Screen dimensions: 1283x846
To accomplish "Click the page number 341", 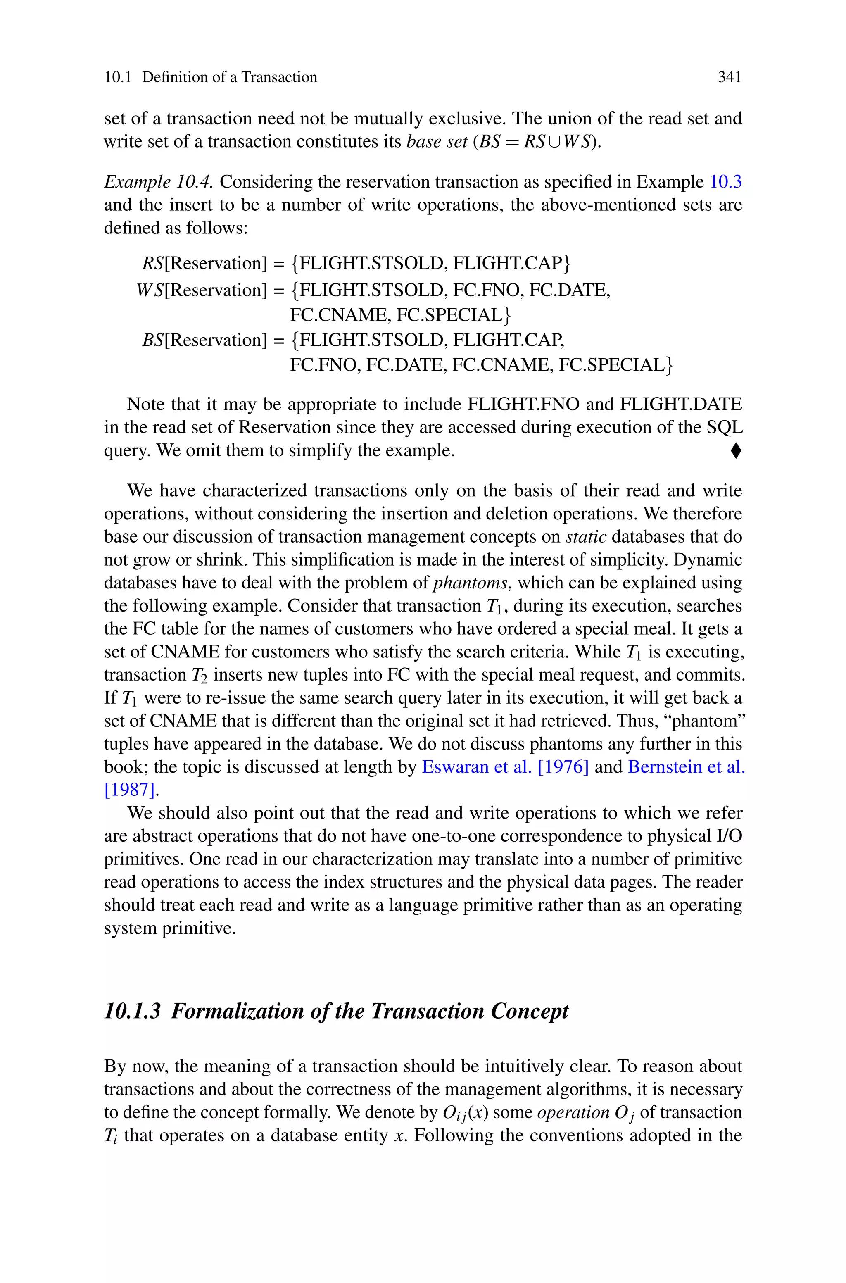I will click(x=729, y=77).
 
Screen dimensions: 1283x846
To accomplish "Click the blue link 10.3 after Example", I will click(x=725, y=182).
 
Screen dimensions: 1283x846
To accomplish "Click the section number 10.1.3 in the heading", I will click(x=132, y=1011).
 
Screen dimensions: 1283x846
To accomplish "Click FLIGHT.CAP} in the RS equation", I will click(x=511, y=263).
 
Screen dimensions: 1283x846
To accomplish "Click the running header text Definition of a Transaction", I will click(x=229, y=77).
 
